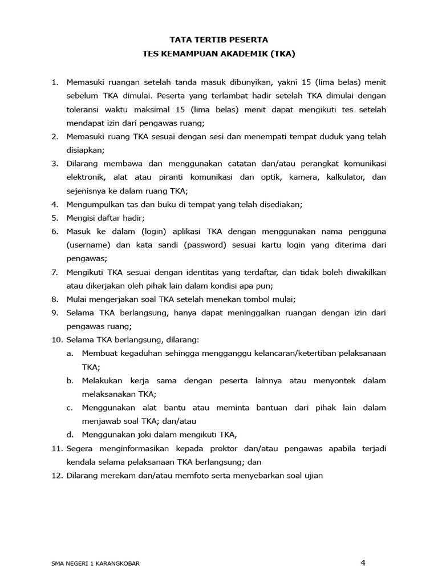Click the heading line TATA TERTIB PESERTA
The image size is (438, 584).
pyautogui.click(x=219, y=40)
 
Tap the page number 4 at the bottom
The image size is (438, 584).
pyautogui.click(x=363, y=563)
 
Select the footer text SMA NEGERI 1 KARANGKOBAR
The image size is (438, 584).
pyautogui.click(x=95, y=563)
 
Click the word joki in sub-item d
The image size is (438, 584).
pyautogui.click(x=137, y=435)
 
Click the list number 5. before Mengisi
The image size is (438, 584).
pyautogui.click(x=55, y=218)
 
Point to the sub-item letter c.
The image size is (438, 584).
pyautogui.click(x=70, y=408)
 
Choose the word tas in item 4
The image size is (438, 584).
pyautogui.click(x=124, y=204)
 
